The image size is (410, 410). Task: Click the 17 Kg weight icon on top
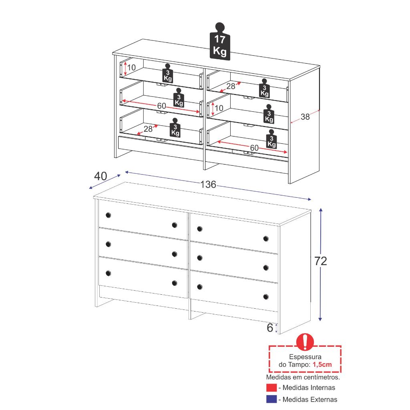coord(220,41)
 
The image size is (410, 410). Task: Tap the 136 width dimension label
coord(208,185)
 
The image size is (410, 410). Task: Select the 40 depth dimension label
coord(100,176)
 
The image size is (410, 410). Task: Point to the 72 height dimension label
coord(321,261)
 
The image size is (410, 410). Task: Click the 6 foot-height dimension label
coord(270,328)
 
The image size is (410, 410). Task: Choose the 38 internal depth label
coord(305,117)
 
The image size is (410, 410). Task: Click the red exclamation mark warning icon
coord(305,342)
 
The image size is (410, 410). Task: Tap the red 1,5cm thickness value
coord(322,364)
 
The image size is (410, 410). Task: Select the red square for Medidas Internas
coord(271,388)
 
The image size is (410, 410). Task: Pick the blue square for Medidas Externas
coord(271,399)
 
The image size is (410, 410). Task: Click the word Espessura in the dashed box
coord(305,357)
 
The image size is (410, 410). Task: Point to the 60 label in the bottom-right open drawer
coord(254,148)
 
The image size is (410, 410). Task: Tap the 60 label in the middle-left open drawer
coord(162,106)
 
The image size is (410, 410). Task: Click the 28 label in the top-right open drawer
coord(231,86)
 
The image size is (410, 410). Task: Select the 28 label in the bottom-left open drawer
coord(148,129)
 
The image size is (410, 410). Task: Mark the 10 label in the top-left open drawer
coord(131,67)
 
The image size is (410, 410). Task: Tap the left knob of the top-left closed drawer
coord(108,215)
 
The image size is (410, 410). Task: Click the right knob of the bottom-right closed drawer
coord(266,297)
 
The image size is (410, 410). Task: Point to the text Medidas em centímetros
coord(303,377)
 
